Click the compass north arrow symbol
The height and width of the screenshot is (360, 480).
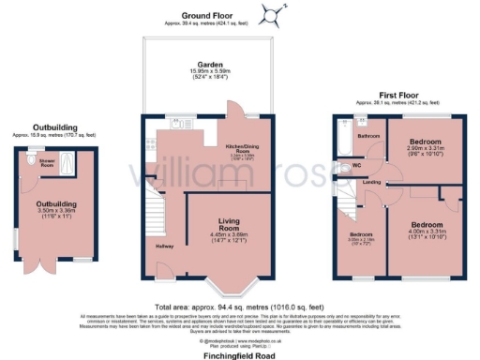[x=272, y=14]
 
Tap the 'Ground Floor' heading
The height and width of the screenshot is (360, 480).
[x=207, y=16]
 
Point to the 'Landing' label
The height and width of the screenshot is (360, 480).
[x=371, y=181]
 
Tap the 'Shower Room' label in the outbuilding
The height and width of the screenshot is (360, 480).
[x=46, y=162]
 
